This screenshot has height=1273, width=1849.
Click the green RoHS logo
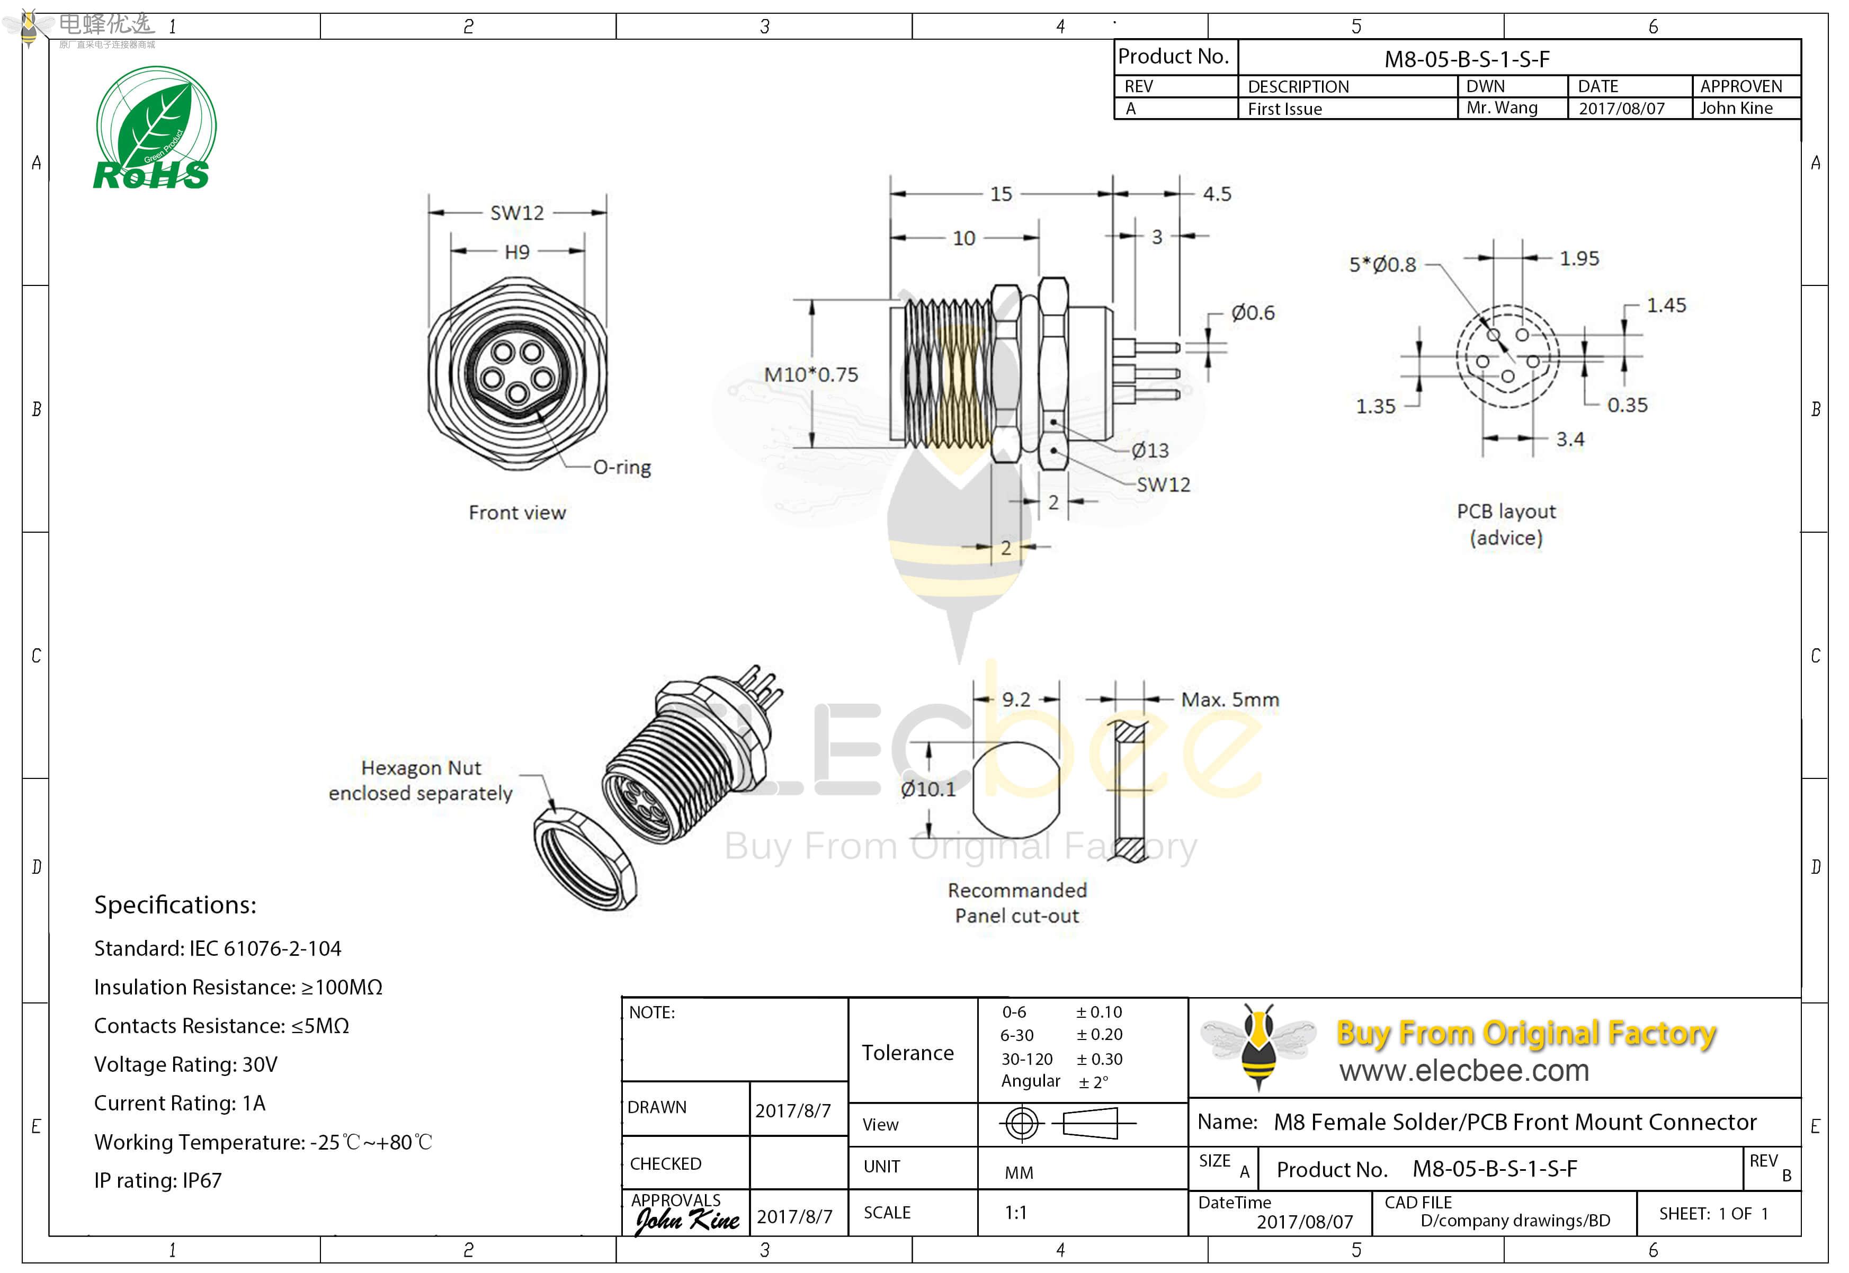pos(155,129)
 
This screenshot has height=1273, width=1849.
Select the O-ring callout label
pos(622,468)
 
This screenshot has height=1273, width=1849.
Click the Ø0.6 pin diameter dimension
pos(1252,312)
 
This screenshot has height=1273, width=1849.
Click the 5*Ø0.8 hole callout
pos(1382,265)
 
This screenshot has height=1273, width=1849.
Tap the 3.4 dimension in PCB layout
pos(1570,440)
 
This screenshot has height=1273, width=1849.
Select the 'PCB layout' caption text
pos(1506,512)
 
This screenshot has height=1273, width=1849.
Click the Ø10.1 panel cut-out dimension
pos(928,790)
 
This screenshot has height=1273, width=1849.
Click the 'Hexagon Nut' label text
pos(421,768)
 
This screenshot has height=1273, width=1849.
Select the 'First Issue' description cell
pos(1284,109)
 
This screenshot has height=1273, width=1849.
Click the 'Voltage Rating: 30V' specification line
pos(186,1065)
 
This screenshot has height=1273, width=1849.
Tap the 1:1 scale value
pos(1015,1213)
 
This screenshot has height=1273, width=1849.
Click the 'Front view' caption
pos(517,513)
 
